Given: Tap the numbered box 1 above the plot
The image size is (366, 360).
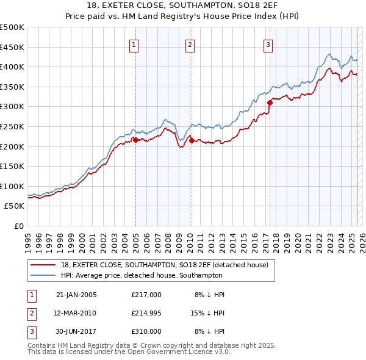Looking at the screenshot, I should click(134, 44).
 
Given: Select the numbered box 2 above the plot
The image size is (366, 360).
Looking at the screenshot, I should click(190, 44).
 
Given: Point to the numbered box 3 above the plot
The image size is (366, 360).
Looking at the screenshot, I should click(268, 44).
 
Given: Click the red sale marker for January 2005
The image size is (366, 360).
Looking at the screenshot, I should click(135, 140).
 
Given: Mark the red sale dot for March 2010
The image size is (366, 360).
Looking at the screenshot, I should click(191, 140).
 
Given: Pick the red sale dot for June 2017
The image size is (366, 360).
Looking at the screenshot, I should click(270, 103).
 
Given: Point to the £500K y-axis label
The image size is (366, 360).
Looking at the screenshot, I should click(12, 27).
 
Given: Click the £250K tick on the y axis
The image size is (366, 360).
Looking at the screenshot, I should click(12, 126).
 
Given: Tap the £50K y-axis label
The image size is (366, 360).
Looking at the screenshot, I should click(15, 206).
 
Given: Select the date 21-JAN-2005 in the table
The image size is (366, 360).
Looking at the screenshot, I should click(76, 295).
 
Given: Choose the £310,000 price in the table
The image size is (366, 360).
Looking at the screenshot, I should click(146, 331).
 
